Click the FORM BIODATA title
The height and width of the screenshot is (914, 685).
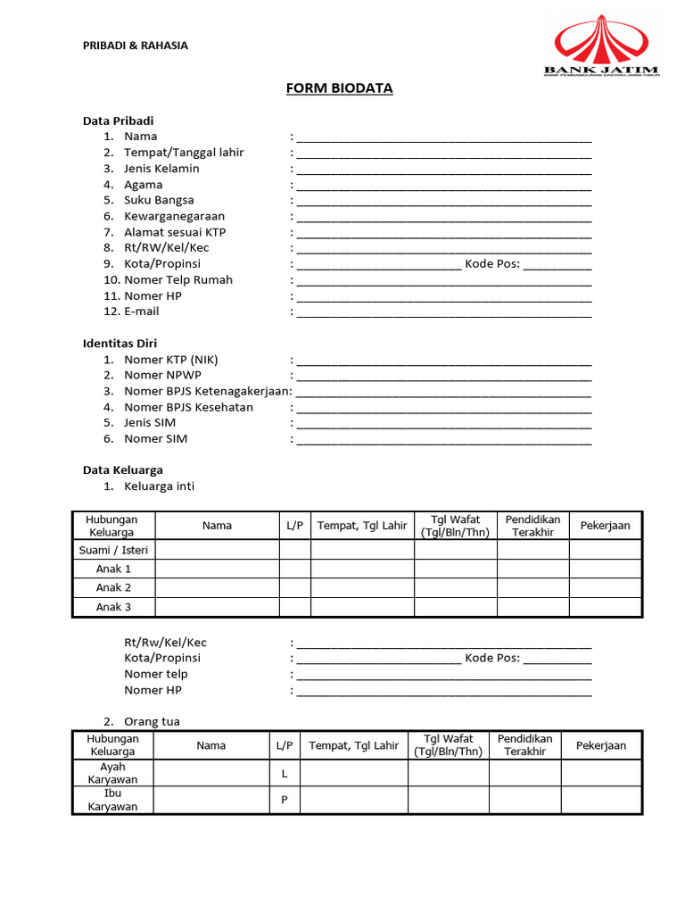pos(339,88)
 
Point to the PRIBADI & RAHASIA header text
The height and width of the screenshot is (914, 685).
pos(136,46)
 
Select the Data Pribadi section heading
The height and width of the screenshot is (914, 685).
pos(118,120)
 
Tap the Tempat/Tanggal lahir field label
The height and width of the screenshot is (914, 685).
pos(184,153)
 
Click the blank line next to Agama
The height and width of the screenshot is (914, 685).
pos(443,186)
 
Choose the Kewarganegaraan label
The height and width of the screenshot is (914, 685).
pos(174,216)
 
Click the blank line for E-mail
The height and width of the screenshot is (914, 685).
pos(443,312)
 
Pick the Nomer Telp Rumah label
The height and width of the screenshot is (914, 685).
pos(178,280)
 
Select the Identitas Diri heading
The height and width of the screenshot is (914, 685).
pos(120,344)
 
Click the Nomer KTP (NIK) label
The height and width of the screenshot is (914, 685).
pos(170,360)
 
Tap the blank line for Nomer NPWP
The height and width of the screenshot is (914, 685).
pos(443,377)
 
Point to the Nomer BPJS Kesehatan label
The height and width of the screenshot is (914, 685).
pos(188,407)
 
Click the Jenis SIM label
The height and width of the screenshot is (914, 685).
pos(150,423)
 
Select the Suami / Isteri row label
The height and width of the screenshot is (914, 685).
pos(113,550)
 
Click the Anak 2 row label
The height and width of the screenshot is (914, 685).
pos(113,587)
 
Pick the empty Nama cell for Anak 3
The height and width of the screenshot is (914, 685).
pos(217,607)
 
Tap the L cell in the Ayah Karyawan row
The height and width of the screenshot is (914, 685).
pos(284,774)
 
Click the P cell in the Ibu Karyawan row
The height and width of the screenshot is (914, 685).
pos(284,800)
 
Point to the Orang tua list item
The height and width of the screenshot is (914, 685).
pos(152,722)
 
